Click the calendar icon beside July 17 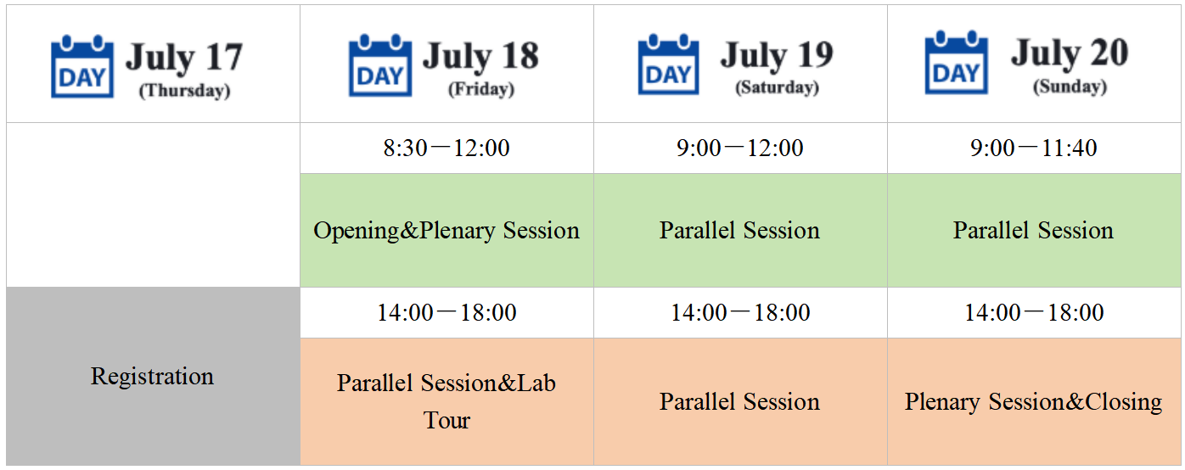coord(82,67)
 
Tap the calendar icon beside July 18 coord(379,65)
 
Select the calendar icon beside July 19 coord(668,64)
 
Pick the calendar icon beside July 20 coord(956,63)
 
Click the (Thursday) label coord(185,91)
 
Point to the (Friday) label coord(481,89)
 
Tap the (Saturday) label coord(777,87)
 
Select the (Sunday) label coord(1070,87)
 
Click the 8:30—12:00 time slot coord(446,148)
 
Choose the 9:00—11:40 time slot coord(1033,148)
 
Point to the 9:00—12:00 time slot coord(739,148)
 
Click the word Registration coord(152,377)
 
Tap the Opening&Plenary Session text coord(446,231)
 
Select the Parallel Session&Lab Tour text coord(446,401)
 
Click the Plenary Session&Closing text coord(1033,402)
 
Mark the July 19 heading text coord(777,55)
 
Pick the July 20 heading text coord(1070,53)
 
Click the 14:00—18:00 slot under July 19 coord(740,312)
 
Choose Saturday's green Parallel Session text coord(739,231)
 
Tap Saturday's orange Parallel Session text coord(739,402)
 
